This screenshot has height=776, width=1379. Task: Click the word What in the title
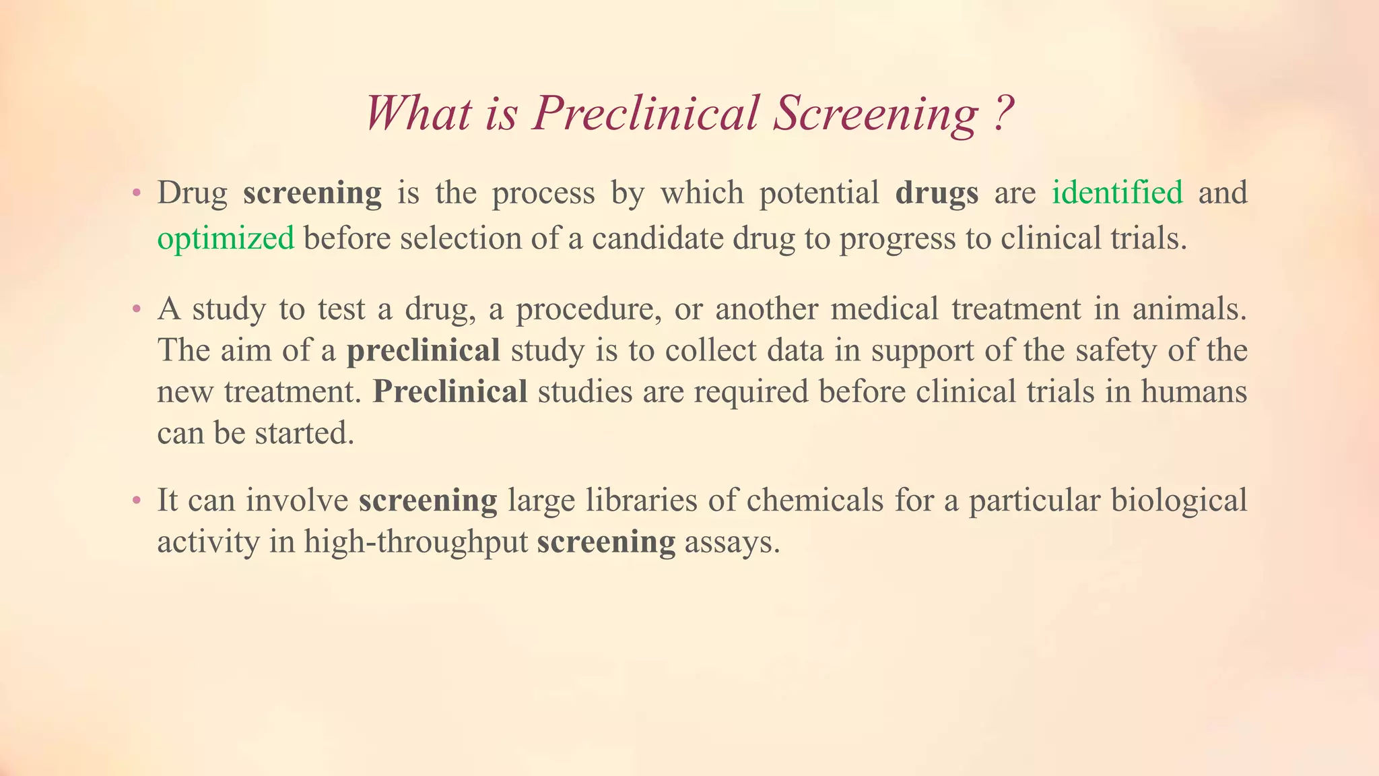[x=417, y=113]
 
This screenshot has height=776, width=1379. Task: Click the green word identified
[x=1117, y=193]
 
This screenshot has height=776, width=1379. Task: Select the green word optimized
[x=226, y=238]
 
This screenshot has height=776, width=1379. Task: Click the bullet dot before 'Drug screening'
[x=137, y=194]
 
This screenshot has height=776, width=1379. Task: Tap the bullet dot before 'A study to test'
[x=137, y=311]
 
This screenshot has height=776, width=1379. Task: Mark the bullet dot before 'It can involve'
[x=137, y=501]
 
